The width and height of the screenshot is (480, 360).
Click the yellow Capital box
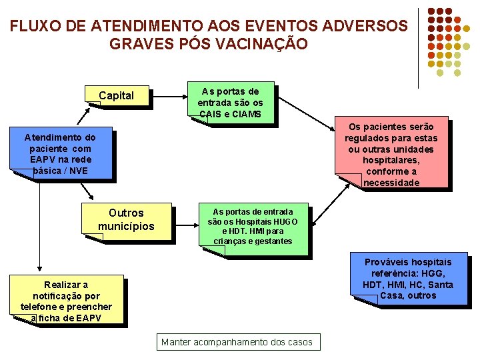pyautogui.click(x=117, y=96)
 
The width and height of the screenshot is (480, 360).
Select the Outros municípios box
pyautogui.click(x=126, y=220)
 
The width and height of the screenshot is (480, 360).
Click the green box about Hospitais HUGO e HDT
pyautogui.click(x=253, y=227)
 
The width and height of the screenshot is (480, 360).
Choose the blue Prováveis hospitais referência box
pyautogui.click(x=407, y=279)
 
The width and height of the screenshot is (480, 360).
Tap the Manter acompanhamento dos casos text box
pyautogui.click(x=237, y=342)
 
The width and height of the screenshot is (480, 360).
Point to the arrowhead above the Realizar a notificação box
pyautogui.click(x=39, y=268)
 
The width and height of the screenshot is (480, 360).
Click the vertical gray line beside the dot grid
pyautogui.click(x=419, y=47)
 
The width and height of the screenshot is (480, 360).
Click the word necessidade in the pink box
pyautogui.click(x=391, y=183)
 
